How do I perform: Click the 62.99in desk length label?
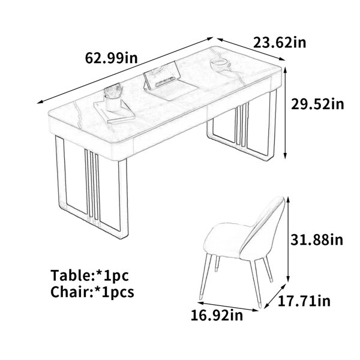click(x=112, y=58)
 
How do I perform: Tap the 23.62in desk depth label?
click(x=280, y=43)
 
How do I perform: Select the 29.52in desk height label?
click(x=317, y=104)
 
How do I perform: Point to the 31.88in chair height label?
click(x=317, y=239)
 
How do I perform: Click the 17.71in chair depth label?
click(x=304, y=301)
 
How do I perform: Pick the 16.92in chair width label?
click(x=217, y=315)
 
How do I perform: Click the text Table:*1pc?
click(x=89, y=275)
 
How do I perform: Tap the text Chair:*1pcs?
click(x=92, y=292)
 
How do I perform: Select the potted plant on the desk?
click(x=113, y=98)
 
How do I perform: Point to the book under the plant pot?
click(x=115, y=112)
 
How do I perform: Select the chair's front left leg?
click(x=205, y=276)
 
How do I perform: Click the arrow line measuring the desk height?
click(x=286, y=113)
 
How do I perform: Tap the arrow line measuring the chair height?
click(x=289, y=239)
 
